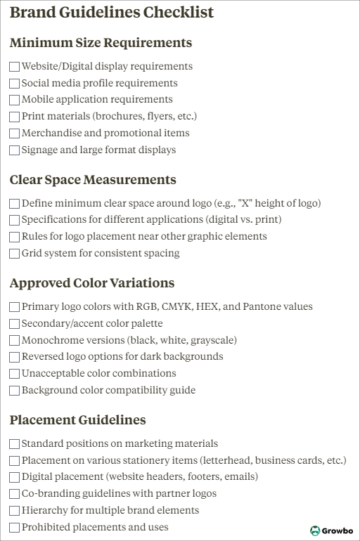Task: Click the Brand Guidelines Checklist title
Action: pos(112,13)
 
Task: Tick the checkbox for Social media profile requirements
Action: pos(15,84)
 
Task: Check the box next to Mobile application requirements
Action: pos(15,100)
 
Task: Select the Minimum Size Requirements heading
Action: pos(101,43)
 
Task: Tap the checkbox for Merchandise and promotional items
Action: pos(15,133)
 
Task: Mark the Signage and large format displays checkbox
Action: pos(15,150)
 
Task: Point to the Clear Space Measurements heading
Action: pos(93,180)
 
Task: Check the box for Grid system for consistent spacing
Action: pos(15,254)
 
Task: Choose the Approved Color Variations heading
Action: pos(92,283)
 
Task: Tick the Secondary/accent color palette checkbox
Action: pos(15,324)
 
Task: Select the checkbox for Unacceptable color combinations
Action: pos(15,374)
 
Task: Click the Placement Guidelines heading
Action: pos(78,420)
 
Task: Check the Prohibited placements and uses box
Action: pos(15,528)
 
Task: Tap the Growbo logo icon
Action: pos(315,531)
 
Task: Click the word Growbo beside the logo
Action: pos(337,531)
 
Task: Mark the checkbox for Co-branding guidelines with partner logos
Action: pos(15,494)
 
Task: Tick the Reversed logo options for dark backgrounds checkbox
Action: pos(15,357)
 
